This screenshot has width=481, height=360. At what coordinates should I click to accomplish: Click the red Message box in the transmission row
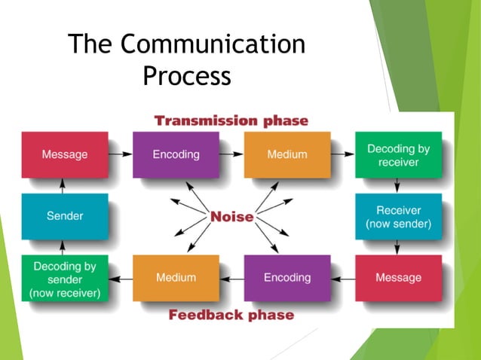click(65, 154)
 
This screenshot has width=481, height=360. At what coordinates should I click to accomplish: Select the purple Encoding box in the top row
click(176, 154)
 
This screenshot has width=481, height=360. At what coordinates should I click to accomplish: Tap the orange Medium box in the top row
click(287, 154)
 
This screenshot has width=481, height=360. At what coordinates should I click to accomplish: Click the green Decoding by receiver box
click(398, 154)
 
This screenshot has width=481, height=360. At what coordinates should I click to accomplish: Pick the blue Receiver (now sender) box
click(398, 216)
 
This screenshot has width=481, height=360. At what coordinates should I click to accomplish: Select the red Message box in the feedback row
click(398, 278)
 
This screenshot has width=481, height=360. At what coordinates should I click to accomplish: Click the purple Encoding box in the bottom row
click(287, 278)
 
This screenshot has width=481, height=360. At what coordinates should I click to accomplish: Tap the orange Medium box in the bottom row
click(176, 278)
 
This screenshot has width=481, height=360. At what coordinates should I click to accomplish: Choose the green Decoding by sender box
click(65, 278)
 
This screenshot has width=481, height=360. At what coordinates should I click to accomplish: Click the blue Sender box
click(65, 216)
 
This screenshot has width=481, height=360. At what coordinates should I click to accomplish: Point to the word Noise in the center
click(231, 217)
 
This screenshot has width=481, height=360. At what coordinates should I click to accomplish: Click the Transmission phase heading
click(231, 121)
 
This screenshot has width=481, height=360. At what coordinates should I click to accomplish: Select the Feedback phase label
click(231, 314)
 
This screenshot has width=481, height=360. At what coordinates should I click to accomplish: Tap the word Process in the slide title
click(186, 75)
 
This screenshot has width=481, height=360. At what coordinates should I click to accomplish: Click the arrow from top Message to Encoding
click(120, 154)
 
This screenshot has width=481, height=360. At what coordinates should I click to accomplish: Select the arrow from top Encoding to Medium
click(231, 154)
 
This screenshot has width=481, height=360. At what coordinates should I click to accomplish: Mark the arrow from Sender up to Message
click(65, 185)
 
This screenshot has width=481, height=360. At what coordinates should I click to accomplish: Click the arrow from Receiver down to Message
click(398, 247)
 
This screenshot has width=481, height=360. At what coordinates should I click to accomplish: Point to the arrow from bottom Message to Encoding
click(343, 278)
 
